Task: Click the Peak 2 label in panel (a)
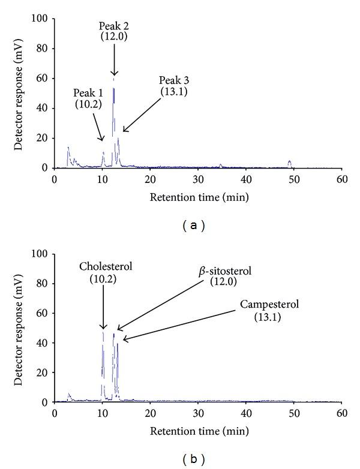113,26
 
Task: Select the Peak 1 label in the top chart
88,93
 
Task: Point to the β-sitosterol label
224,272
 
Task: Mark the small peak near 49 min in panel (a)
289,161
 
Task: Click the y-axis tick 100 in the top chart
42,19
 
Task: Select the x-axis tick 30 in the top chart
198,179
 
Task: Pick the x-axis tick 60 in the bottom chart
341,414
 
